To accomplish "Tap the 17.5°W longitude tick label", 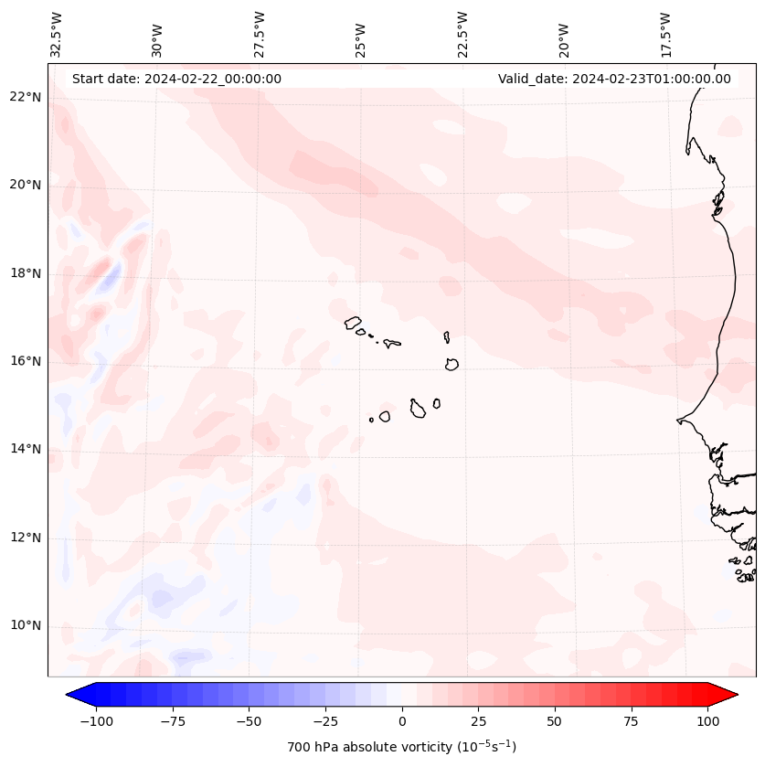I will point(665,33).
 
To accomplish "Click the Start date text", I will point(176,79).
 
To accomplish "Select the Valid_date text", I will point(614,79).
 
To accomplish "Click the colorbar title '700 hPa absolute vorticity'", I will point(402,747).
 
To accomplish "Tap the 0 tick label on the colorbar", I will point(402,721).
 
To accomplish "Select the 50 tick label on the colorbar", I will point(555,721).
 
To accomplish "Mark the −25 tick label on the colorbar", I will point(324,721).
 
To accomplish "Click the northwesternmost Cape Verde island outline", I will point(353,323).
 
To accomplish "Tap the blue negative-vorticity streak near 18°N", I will point(111,274).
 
